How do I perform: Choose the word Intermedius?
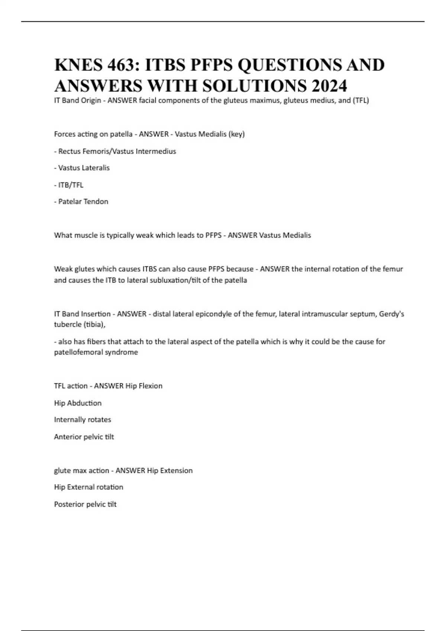pyautogui.click(x=156, y=151)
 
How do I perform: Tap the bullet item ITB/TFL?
pyautogui.click(x=71, y=185)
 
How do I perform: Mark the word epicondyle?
pyautogui.click(x=213, y=314)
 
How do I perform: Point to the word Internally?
pyautogui.click(x=70, y=420)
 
